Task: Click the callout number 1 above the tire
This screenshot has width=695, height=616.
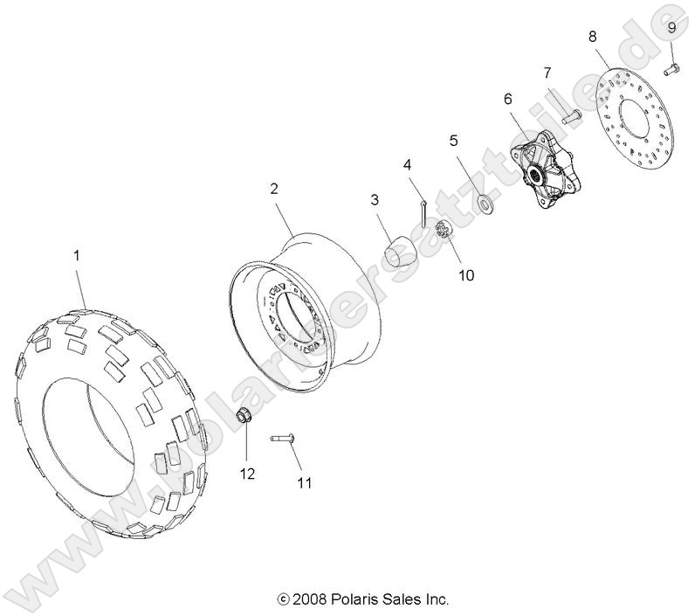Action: (77, 256)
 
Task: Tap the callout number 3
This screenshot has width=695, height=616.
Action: (374, 200)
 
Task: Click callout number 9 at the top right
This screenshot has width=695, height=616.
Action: (671, 28)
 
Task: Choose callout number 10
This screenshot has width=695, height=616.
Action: (466, 274)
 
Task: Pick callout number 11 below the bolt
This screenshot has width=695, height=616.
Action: (304, 481)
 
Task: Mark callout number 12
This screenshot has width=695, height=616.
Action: (248, 474)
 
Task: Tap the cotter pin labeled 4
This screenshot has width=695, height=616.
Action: (422, 212)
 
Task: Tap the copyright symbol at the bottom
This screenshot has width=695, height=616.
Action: (282, 600)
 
